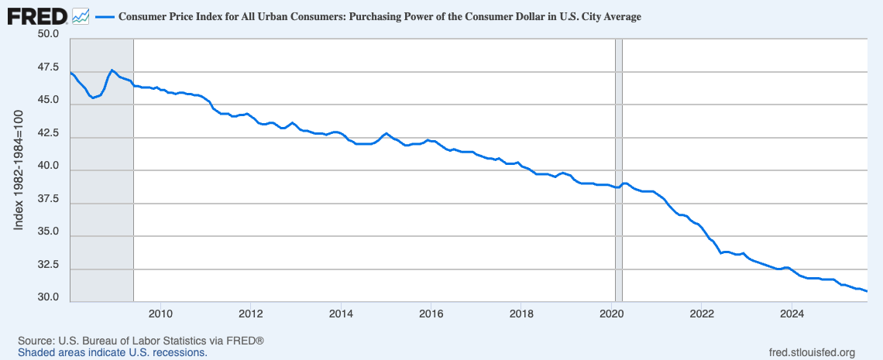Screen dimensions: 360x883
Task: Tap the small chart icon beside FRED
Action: [81, 15]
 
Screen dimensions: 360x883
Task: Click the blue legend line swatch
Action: [105, 16]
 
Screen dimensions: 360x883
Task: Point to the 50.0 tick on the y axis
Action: [47, 35]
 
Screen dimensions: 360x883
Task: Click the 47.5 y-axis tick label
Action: [47, 67]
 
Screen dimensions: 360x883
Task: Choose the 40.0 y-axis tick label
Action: [47, 166]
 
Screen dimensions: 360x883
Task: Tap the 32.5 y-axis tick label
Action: [47, 265]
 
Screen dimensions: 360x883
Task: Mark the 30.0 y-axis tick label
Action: [47, 297]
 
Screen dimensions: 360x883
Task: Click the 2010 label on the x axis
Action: [160, 314]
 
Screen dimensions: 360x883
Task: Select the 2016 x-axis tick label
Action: [431, 314]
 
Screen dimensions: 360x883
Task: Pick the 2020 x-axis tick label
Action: [611, 314]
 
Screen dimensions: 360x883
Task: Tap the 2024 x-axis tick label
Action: [792, 314]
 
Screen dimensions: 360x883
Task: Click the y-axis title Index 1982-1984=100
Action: [20, 169]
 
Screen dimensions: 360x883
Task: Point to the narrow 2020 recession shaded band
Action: [618, 170]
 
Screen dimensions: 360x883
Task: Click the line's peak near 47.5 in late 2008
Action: [112, 70]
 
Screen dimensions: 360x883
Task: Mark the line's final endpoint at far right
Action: [866, 291]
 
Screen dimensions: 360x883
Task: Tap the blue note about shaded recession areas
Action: [112, 352]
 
